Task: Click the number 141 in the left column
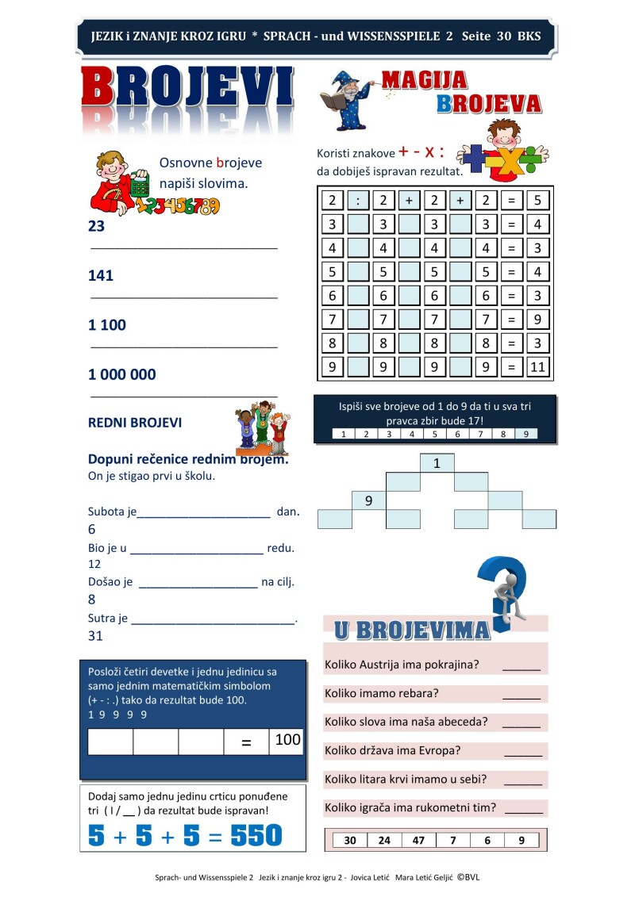tap(101, 276)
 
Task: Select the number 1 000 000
tap(121, 374)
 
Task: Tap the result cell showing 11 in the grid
tap(537, 367)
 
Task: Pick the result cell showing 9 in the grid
tap(537, 320)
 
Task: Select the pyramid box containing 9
tap(368, 500)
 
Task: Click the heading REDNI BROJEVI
tap(135, 423)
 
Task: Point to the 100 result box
tap(287, 741)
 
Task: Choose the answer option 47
tap(419, 841)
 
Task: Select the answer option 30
tap(350, 841)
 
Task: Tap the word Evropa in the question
tap(442, 750)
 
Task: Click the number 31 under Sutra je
tap(95, 635)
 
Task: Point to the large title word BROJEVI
tap(188, 88)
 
